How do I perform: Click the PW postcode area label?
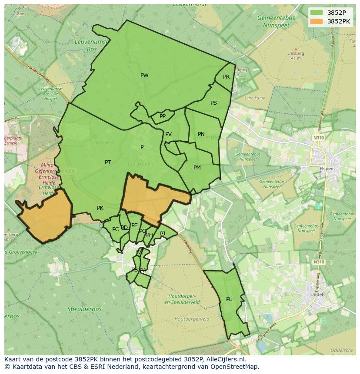(144, 76)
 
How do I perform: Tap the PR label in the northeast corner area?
(226, 77)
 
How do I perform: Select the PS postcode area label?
(213, 103)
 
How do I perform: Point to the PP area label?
(163, 116)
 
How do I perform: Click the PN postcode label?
(201, 134)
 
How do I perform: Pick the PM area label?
(197, 168)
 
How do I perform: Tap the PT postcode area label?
(108, 162)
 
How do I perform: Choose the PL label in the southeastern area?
(229, 299)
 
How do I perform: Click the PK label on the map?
(100, 208)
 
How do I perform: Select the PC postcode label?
(115, 229)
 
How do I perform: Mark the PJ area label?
(163, 233)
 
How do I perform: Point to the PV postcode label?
(168, 134)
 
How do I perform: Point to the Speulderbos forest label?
(84, 309)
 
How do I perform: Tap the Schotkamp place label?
(255, 98)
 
